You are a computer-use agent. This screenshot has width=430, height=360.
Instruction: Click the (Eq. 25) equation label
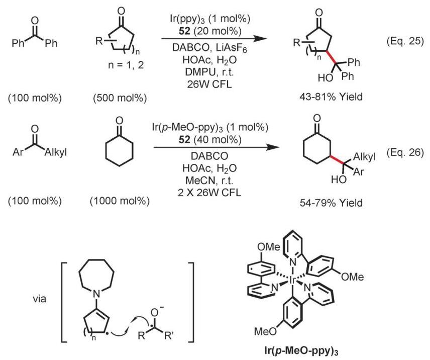(405, 41)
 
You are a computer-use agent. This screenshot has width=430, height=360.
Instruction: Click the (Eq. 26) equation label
(405, 152)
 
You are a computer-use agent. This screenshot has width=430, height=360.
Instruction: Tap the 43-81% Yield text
(331, 97)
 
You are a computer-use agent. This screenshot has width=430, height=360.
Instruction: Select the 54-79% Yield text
(331, 203)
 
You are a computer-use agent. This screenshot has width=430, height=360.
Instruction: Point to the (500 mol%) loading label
(120, 98)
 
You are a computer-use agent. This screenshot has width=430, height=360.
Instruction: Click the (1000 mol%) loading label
(120, 201)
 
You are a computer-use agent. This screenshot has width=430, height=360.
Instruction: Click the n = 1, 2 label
(126, 65)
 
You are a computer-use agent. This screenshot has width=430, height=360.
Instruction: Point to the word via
(40, 298)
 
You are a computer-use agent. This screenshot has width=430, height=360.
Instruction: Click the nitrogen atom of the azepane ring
(96, 294)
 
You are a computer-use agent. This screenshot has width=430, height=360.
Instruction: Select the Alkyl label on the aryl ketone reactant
(56, 152)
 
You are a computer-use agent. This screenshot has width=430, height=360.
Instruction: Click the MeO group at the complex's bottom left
(265, 331)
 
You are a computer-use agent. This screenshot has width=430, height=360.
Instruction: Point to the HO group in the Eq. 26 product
(339, 179)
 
